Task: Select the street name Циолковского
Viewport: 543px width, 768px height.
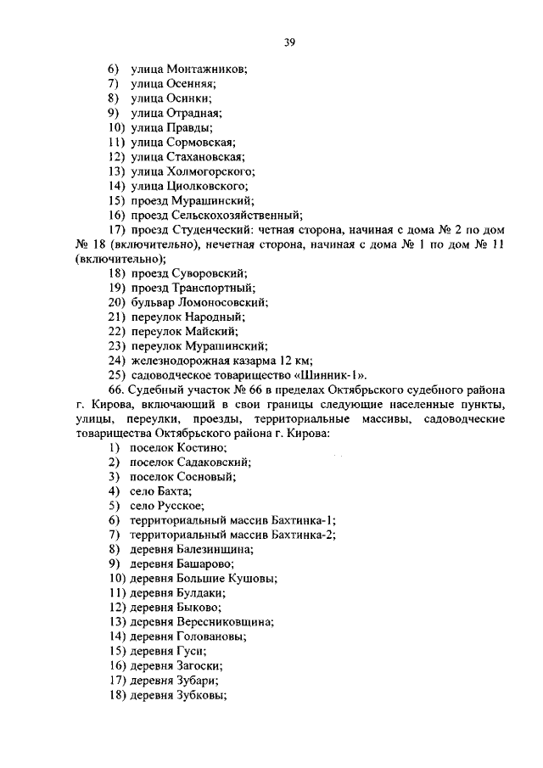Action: pyautogui.click(x=209, y=185)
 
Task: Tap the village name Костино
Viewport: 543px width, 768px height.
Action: pyautogui.click(x=202, y=447)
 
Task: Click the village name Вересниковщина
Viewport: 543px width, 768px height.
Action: pyautogui.click(x=225, y=622)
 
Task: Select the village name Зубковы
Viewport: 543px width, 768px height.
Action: pyautogui.click(x=203, y=695)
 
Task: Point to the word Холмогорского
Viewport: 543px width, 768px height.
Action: pyautogui.click(x=211, y=171)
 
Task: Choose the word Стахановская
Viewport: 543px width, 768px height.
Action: pyautogui.click(x=205, y=156)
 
